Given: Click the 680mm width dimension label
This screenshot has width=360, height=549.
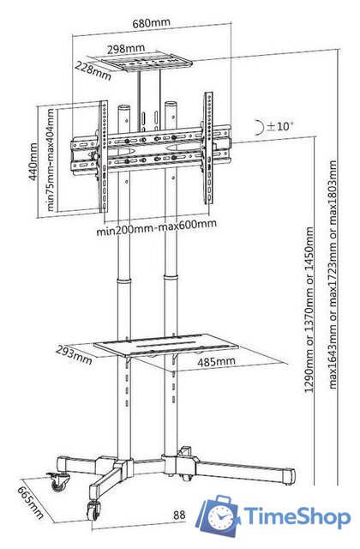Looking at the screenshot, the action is [x=151, y=23].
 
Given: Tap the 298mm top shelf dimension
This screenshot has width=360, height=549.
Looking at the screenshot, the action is [x=126, y=49].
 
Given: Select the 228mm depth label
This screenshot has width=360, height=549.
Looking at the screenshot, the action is [x=93, y=70].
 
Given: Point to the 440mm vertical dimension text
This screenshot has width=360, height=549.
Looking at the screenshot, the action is [x=33, y=161].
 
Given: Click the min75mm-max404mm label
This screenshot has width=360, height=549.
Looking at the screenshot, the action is [x=51, y=160].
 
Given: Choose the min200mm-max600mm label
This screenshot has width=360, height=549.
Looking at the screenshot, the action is [x=156, y=226].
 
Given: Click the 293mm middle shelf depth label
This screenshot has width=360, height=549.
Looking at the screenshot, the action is [x=74, y=355].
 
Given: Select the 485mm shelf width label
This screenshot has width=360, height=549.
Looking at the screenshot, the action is [x=216, y=362].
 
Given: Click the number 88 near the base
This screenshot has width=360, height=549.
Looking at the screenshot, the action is [x=179, y=515].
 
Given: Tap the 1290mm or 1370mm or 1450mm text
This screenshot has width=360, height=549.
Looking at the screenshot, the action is [x=309, y=310].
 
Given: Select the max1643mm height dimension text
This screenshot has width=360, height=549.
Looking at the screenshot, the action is [x=333, y=274].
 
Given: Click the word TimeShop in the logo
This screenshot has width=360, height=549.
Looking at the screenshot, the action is [x=297, y=516].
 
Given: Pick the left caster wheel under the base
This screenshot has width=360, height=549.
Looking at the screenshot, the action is [x=57, y=482].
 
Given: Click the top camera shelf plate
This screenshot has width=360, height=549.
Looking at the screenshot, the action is [x=147, y=62].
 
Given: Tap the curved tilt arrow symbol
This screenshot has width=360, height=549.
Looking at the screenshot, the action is [x=260, y=128].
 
